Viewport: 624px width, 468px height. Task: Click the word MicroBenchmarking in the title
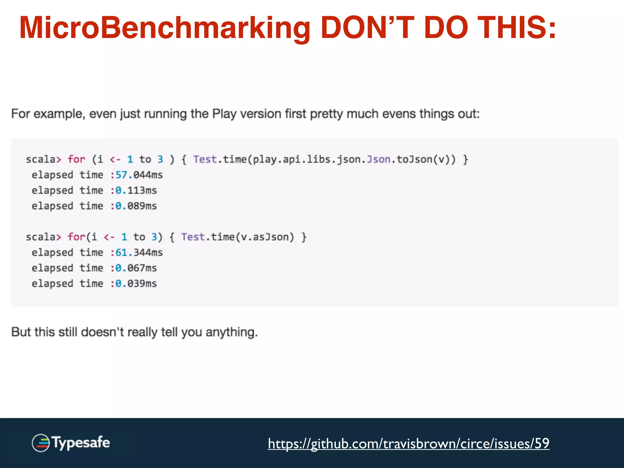tap(165, 28)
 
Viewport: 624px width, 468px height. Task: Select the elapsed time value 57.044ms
tap(139, 175)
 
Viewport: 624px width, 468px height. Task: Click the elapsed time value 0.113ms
tap(136, 190)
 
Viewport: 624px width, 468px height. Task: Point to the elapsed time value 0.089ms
tap(136, 206)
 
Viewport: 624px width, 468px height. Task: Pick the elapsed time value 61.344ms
tap(139, 253)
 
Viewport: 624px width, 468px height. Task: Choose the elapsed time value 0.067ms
tap(136, 268)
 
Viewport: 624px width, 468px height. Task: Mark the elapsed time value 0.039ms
tap(136, 284)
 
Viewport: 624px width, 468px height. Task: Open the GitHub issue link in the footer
tap(409, 443)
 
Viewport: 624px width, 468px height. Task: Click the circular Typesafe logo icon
tap(41, 443)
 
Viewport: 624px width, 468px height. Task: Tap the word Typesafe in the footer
tap(81, 443)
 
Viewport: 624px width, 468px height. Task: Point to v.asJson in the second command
tap(264, 237)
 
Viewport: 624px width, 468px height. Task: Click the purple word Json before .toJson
tap(378, 159)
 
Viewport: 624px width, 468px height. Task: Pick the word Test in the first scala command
tap(205, 159)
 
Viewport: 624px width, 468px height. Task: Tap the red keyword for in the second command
tap(76, 237)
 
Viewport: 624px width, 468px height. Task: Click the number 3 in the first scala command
tap(160, 159)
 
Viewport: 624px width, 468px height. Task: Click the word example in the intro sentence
tap(58, 114)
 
